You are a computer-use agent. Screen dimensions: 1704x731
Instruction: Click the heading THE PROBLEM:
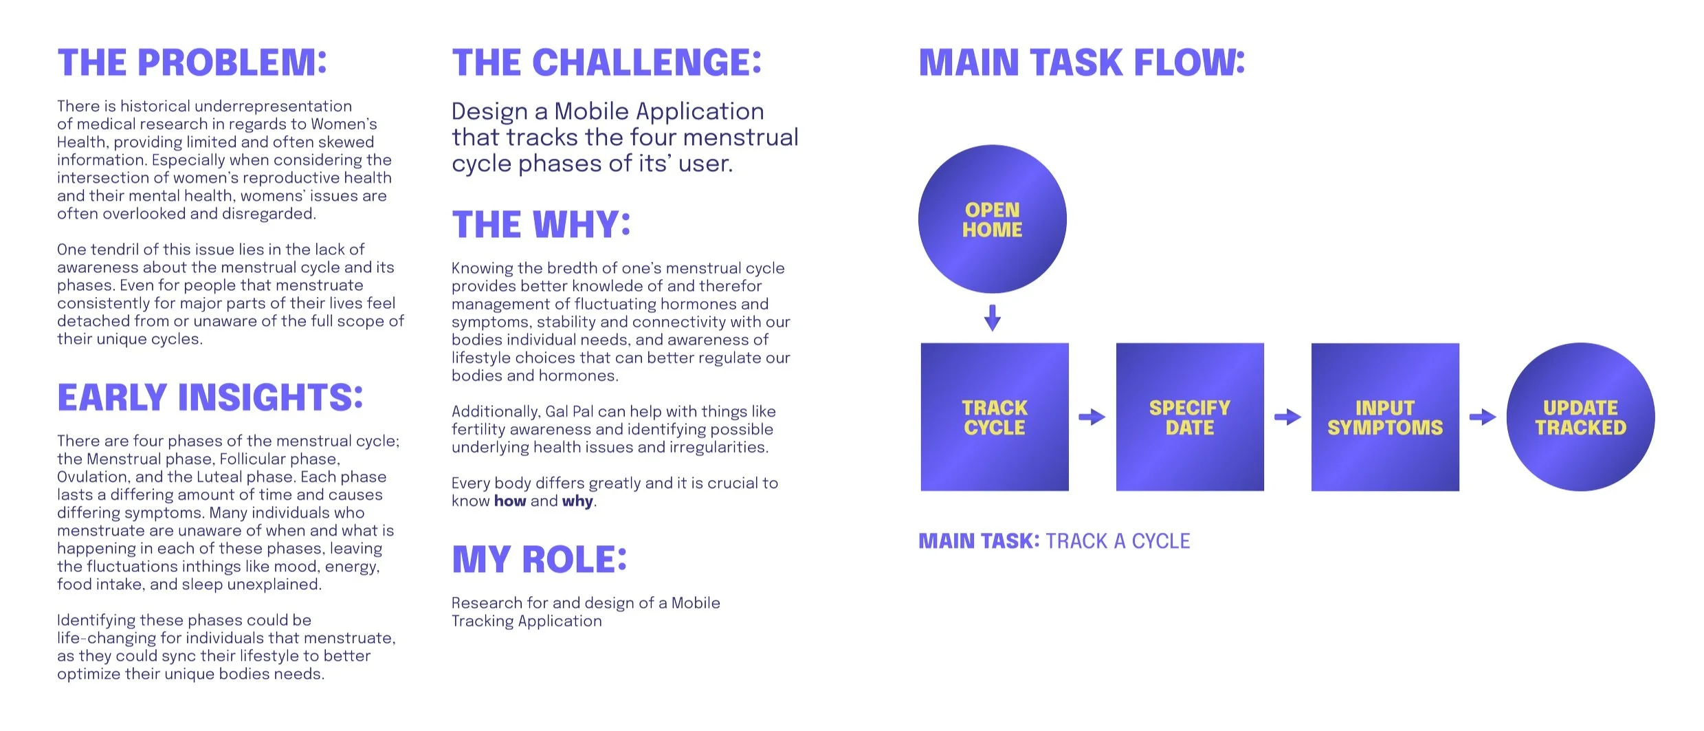(192, 63)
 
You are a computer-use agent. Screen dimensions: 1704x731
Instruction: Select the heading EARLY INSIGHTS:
(210, 398)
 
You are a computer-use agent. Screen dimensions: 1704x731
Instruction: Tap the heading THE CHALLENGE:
(606, 63)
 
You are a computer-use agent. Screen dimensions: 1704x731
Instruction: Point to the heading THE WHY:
(541, 225)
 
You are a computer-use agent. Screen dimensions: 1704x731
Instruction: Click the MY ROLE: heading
(539, 560)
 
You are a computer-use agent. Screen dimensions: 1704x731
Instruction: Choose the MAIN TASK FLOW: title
(1081, 63)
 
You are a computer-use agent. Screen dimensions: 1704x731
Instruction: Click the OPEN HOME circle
(992, 219)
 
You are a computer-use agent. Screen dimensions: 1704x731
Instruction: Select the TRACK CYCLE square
(994, 417)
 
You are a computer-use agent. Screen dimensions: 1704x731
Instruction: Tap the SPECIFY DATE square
(1189, 417)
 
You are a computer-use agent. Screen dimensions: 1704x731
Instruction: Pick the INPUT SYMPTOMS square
(1384, 417)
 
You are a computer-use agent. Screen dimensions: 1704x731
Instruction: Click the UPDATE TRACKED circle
(1580, 417)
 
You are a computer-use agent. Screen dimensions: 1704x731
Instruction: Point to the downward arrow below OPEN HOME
(992, 318)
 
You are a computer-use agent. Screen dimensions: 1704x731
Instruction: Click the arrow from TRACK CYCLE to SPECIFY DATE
(1092, 417)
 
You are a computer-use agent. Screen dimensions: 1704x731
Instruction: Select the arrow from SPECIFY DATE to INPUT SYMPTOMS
(1287, 417)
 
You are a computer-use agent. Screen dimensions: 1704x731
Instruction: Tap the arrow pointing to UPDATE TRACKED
(1483, 417)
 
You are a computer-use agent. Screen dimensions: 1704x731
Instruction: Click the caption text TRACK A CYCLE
(1117, 542)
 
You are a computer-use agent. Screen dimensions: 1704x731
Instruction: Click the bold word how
(509, 501)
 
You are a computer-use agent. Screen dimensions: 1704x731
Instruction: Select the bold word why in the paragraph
(577, 501)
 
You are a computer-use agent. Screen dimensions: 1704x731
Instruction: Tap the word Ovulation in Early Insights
(93, 477)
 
